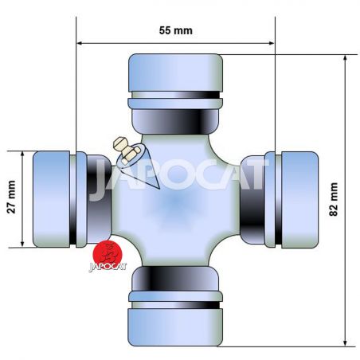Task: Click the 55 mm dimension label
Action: click(176, 30)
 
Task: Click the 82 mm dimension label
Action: click(334, 199)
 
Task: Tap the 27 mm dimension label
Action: click(11, 197)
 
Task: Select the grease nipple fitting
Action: click(125, 150)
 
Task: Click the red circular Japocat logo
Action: click(108, 253)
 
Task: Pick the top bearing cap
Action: click(175, 72)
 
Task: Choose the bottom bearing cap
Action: click(175, 327)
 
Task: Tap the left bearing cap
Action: click(52, 199)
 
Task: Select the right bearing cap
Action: click(299, 200)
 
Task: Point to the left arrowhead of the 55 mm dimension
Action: click(79, 43)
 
